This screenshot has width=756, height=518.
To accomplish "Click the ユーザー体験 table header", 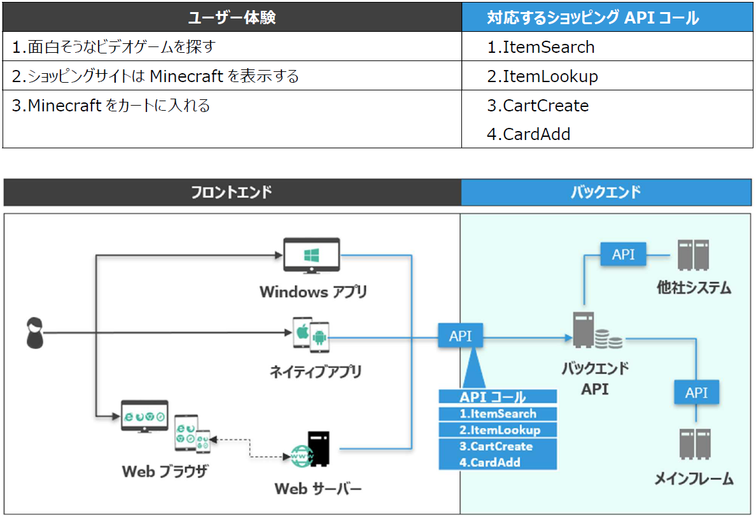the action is pyautogui.click(x=232, y=17).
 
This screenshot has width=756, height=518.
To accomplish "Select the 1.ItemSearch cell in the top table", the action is pyautogui.click(x=607, y=47).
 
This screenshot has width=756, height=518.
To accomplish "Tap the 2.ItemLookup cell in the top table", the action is pyautogui.click(x=607, y=76).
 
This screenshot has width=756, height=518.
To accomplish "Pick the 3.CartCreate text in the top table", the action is pyautogui.click(x=538, y=106).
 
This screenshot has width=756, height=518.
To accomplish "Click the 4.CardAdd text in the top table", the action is pyautogui.click(x=528, y=134).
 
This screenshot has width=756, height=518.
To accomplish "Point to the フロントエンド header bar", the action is pyautogui.click(x=232, y=192).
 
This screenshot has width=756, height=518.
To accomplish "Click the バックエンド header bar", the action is pyautogui.click(x=606, y=192).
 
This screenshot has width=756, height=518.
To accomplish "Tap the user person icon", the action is pyautogui.click(x=35, y=333).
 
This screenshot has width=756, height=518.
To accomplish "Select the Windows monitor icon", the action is pyautogui.click(x=311, y=256).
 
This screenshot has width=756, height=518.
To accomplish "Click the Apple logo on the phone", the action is pyautogui.click(x=302, y=332).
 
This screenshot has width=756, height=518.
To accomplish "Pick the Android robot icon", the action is pyautogui.click(x=319, y=337).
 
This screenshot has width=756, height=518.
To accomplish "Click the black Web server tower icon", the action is pyautogui.click(x=318, y=449).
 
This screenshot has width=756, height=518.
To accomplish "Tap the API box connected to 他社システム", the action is pyautogui.click(x=623, y=254).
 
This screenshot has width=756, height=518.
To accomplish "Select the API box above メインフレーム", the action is pyautogui.click(x=696, y=392).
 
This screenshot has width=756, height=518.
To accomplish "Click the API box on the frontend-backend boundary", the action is pyautogui.click(x=461, y=336).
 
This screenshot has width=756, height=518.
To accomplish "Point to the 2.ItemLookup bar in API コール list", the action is pyautogui.click(x=498, y=430).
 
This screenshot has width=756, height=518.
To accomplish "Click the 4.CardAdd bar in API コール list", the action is pyautogui.click(x=498, y=463).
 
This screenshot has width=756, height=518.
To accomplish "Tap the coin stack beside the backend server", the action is pyautogui.click(x=608, y=339).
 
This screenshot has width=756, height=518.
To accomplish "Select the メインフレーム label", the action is pyautogui.click(x=694, y=479).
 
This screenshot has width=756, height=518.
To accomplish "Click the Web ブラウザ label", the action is pyautogui.click(x=165, y=471).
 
